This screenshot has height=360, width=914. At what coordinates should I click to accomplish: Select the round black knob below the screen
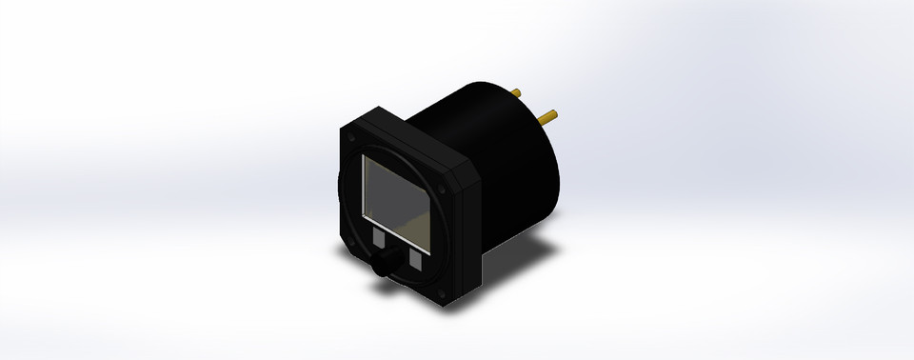click(x=384, y=266)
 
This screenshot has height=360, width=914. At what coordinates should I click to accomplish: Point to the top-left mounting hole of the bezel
click(x=354, y=136)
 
